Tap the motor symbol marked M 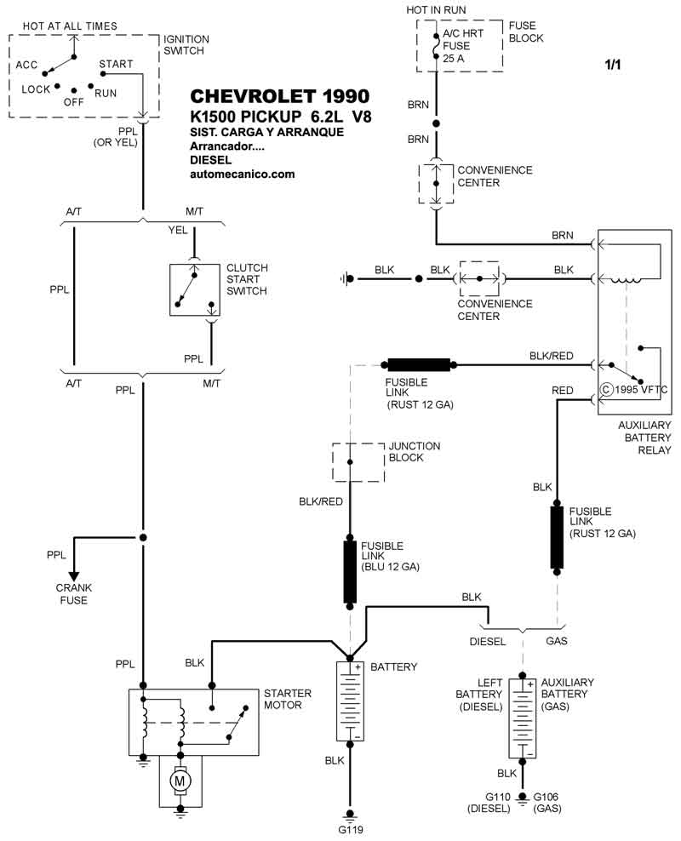click(180, 779)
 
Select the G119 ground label click(349, 829)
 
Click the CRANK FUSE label click(74, 593)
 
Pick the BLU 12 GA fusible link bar click(349, 570)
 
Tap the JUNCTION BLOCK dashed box click(349, 461)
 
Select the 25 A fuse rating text click(453, 59)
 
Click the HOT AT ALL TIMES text click(70, 26)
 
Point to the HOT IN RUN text click(437, 9)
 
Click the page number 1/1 click(613, 65)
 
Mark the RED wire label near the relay click(563, 390)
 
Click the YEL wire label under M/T click(177, 230)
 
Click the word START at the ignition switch click(115, 64)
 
